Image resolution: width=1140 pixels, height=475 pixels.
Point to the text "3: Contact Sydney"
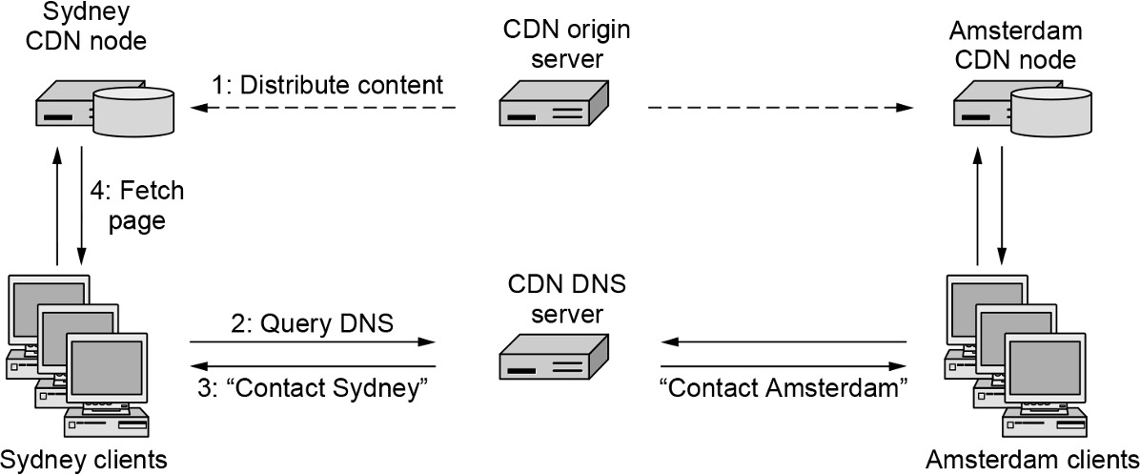click(311, 388)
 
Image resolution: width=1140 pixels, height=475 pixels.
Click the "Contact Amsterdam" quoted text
click(783, 388)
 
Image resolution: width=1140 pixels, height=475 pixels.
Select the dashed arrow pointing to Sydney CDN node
click(324, 108)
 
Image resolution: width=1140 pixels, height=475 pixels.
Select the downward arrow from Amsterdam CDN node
click(1001, 206)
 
